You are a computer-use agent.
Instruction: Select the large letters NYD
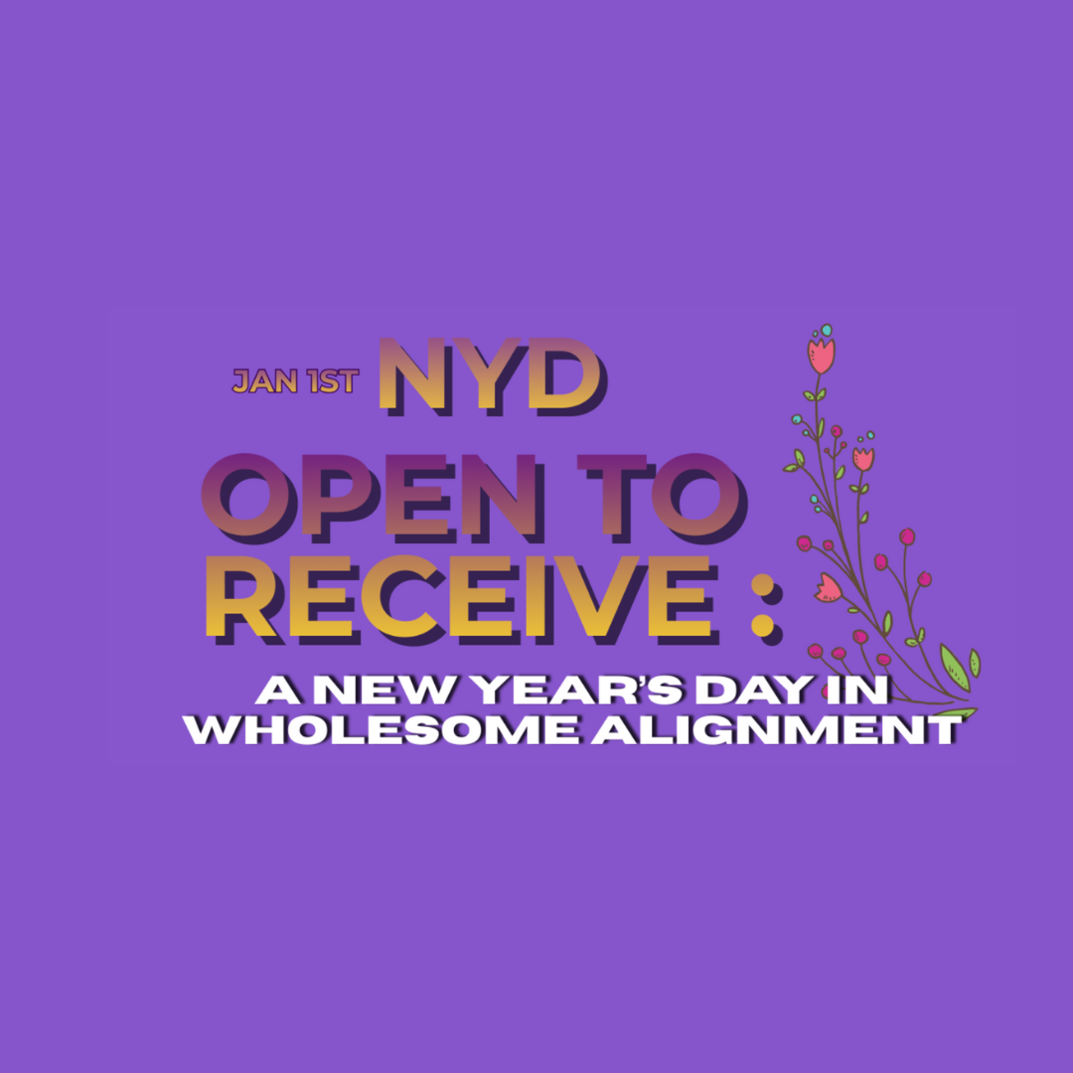[x=491, y=375]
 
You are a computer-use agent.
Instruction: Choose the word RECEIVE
[x=458, y=597]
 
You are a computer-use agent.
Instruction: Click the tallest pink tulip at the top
[x=821, y=355]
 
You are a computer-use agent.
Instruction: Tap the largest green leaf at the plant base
[x=954, y=666]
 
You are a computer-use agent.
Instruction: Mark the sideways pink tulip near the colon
[x=828, y=588]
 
